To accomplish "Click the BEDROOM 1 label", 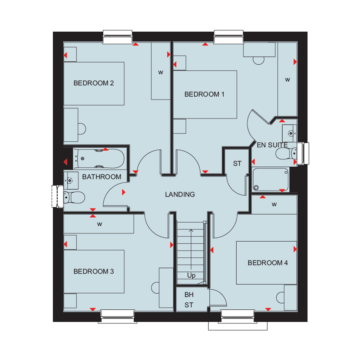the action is [204, 94].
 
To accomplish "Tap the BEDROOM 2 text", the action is [94, 83].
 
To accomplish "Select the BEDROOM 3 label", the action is [94, 271].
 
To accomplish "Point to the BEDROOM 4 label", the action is [268, 263].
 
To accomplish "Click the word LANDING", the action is [180, 194].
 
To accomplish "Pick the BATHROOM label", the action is [102, 177].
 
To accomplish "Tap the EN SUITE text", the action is [272, 145].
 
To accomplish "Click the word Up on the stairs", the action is [191, 275].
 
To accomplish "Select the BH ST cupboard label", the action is [189, 300].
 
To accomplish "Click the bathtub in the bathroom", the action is [99, 159].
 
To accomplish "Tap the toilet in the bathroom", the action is [74, 198].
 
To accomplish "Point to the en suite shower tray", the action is [270, 180].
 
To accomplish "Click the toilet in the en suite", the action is [286, 153].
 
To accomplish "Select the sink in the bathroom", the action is [71, 180].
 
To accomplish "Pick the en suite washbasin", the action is [290, 133].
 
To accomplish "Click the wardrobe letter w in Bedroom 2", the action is [161, 72].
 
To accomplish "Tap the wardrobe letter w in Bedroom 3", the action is [99, 224].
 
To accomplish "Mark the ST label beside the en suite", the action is [237, 163].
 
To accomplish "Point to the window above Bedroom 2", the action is [117, 37].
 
